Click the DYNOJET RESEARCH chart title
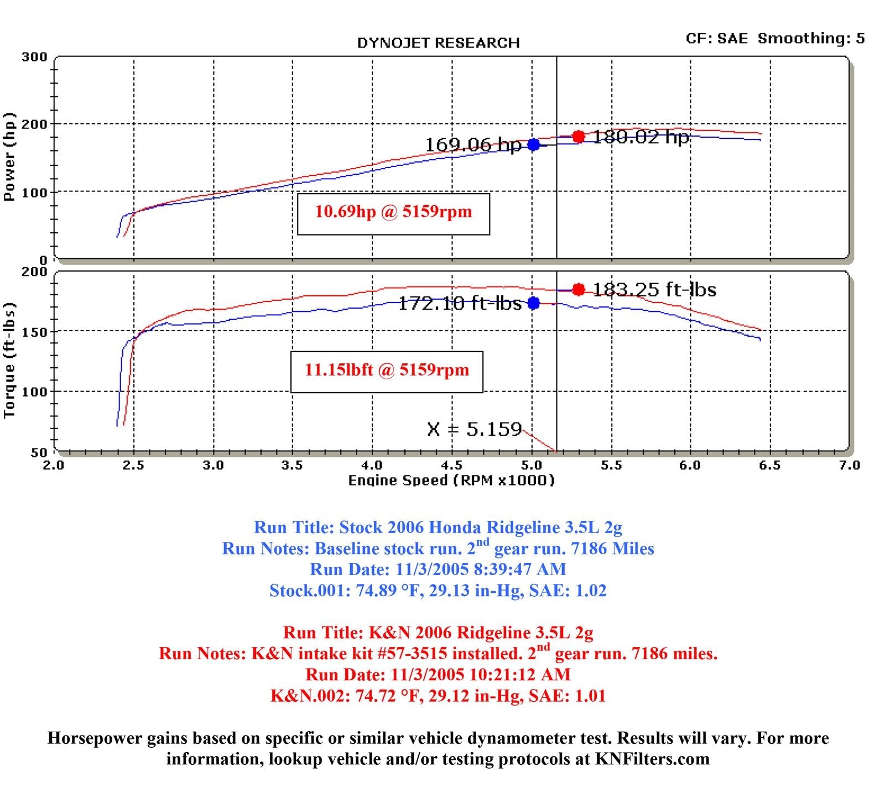click(438, 43)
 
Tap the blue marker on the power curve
click(534, 144)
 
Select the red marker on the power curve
click(579, 136)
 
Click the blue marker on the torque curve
click(534, 302)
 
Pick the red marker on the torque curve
click(579, 289)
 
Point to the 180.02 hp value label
click(641, 137)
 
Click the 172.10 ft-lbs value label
click(460, 303)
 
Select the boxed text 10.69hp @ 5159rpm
click(393, 212)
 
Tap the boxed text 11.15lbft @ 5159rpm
click(387, 370)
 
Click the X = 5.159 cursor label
click(475, 429)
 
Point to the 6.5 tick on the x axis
click(770, 465)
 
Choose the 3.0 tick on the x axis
click(214, 465)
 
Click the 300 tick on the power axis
click(34, 57)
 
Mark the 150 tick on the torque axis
click(34, 331)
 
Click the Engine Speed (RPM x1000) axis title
click(451, 480)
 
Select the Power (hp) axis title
click(9, 157)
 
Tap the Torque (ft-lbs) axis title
click(9, 361)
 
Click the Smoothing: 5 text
click(811, 38)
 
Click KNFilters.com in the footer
click(652, 759)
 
